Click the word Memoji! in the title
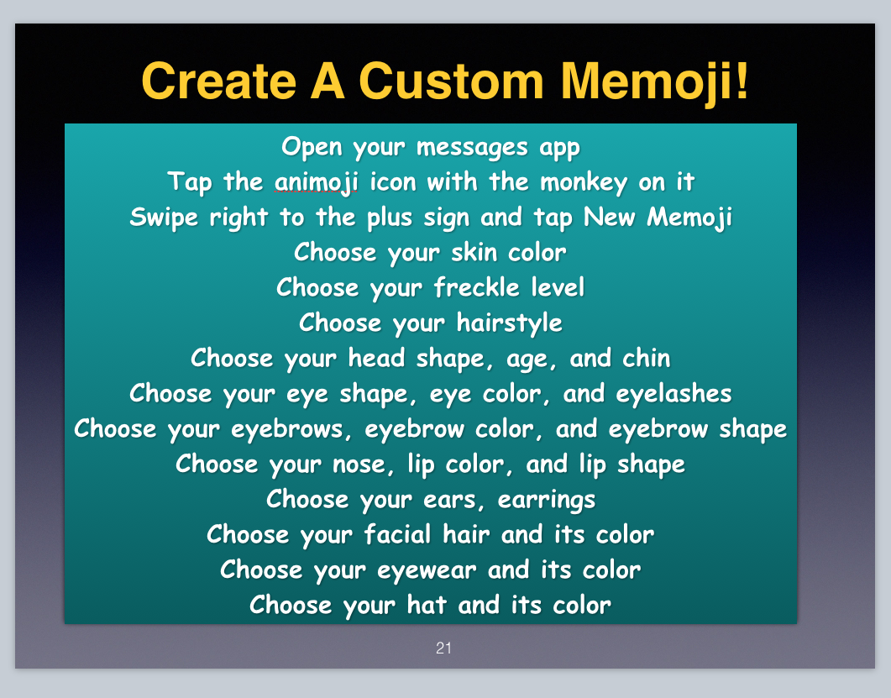pyautogui.click(x=655, y=82)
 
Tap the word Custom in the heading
pyautogui.click(x=452, y=81)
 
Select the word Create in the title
pyautogui.click(x=219, y=81)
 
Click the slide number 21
pyautogui.click(x=443, y=648)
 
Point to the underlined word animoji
pyautogui.click(x=317, y=182)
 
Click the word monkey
pyautogui.click(x=584, y=183)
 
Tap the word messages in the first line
pyautogui.click(x=472, y=148)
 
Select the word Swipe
pyautogui.click(x=164, y=218)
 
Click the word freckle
pyautogui.click(x=477, y=287)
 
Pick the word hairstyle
pyautogui.click(x=509, y=323)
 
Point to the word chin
pyautogui.click(x=646, y=359)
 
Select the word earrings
pyautogui.click(x=546, y=501)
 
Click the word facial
pyautogui.click(x=397, y=534)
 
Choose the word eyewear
pyautogui.click(x=426, y=570)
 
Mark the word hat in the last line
pyautogui.click(x=426, y=605)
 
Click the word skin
pyautogui.click(x=474, y=252)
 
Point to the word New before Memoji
pyautogui.click(x=609, y=218)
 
